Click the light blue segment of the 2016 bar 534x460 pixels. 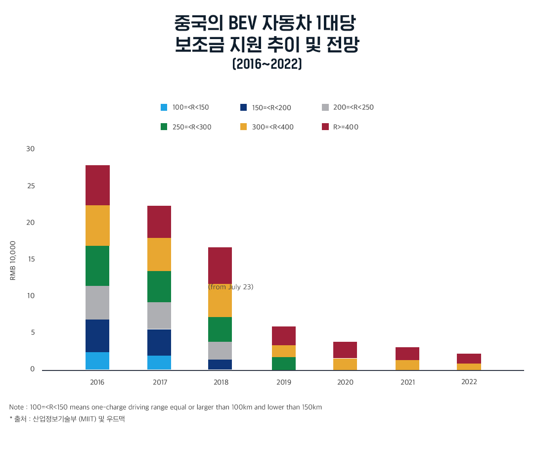point(97,361)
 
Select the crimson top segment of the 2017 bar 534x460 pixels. point(159,222)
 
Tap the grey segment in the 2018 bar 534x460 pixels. point(220,350)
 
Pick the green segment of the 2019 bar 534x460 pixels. point(284,363)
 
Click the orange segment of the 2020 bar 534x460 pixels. point(345,364)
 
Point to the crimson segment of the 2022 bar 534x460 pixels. point(469,359)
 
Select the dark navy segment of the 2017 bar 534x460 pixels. point(159,342)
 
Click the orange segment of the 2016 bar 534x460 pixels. point(97,226)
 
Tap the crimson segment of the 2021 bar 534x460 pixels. point(407,354)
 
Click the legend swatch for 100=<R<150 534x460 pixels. point(164,107)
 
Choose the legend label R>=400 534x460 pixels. point(346,127)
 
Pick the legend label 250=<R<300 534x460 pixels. point(192,127)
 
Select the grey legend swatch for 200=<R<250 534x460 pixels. point(325,107)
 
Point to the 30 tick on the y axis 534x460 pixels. point(30,149)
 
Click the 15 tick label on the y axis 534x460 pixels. point(31,259)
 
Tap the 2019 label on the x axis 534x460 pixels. point(284,382)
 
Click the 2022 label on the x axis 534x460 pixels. point(469,382)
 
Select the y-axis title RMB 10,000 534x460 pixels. point(13,261)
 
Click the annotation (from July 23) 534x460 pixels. point(230,287)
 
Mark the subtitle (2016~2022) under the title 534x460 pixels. point(267,65)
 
